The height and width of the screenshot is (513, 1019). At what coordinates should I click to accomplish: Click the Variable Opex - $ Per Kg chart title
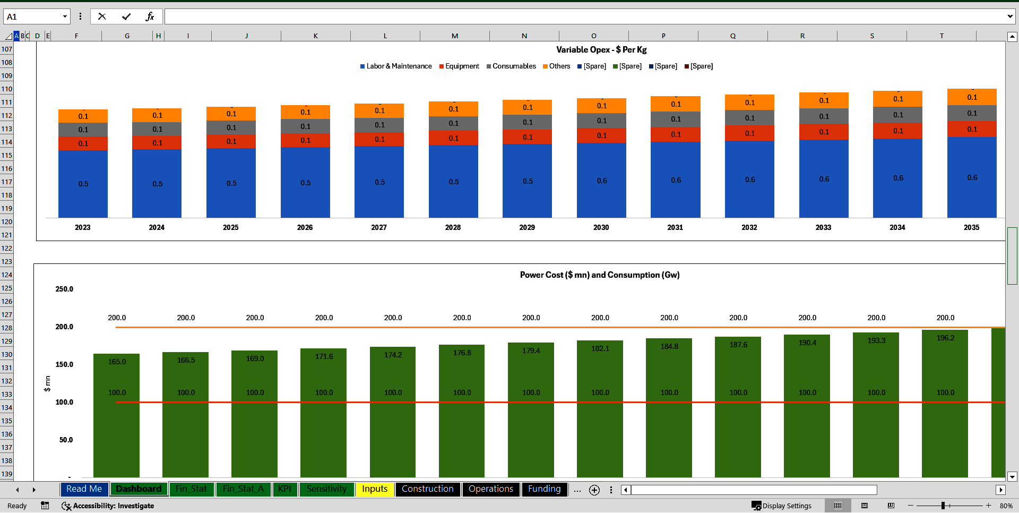coord(601,49)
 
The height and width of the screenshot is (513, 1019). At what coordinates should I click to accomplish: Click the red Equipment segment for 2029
coord(527,137)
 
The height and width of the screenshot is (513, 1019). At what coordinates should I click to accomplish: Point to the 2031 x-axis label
coord(675,227)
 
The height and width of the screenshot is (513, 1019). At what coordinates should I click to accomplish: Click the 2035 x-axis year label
coord(971,227)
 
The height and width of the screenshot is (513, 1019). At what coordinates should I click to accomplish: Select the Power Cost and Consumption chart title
coord(600,275)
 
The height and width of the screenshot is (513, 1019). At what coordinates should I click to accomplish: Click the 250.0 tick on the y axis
coord(64,289)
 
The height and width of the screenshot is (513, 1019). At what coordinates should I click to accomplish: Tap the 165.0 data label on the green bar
coord(117,362)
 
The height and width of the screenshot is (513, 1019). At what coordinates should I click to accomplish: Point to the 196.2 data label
coord(945,338)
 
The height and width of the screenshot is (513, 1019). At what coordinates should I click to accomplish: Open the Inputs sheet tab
coord(375,489)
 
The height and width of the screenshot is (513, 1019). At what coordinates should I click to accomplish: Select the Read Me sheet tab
coord(84,489)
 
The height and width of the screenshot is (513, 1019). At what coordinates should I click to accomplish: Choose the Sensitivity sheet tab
coord(326,489)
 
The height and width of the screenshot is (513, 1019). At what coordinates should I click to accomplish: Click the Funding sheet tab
coord(544,489)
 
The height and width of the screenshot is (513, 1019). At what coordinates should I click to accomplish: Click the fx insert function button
coord(150,16)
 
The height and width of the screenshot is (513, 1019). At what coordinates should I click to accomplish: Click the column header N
coord(524,36)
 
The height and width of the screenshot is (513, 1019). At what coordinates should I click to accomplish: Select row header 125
coord(6,288)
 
